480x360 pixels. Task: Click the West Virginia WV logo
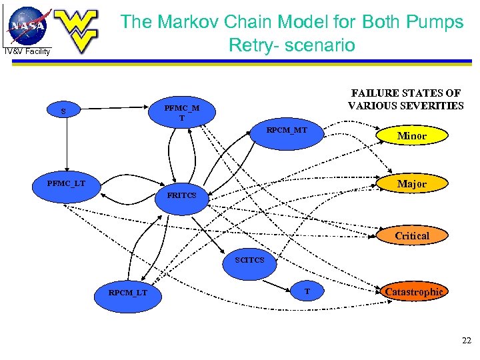point(76,30)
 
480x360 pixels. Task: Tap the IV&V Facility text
point(27,51)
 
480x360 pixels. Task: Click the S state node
point(64,111)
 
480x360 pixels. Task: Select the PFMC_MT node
point(181,113)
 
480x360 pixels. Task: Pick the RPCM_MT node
point(287,131)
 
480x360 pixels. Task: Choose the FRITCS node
point(182,195)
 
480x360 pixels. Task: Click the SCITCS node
point(250,260)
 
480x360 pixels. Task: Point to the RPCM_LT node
point(128,293)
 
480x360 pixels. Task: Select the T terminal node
point(307,292)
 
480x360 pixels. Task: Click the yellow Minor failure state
point(411,136)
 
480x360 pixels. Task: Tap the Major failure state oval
point(411,184)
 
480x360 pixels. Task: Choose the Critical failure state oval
point(411,236)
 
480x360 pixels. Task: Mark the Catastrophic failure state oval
point(413,292)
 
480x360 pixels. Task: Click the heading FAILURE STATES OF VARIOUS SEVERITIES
point(405,99)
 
